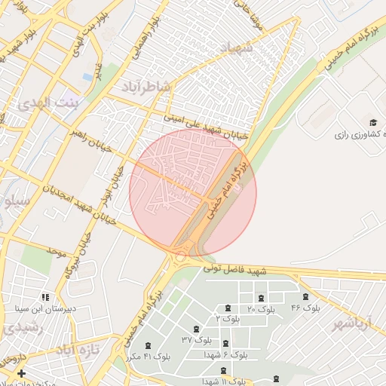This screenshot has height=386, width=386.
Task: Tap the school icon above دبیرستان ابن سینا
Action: pos(45,298)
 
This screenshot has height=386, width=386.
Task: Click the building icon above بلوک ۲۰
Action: pos(261,299)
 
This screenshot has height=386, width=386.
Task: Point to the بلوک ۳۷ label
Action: pos(197,340)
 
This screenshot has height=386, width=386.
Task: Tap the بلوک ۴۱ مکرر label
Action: pos(151,355)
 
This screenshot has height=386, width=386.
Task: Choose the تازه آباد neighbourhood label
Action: pos(78,351)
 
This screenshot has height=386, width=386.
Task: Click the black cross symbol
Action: pos(21,373)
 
